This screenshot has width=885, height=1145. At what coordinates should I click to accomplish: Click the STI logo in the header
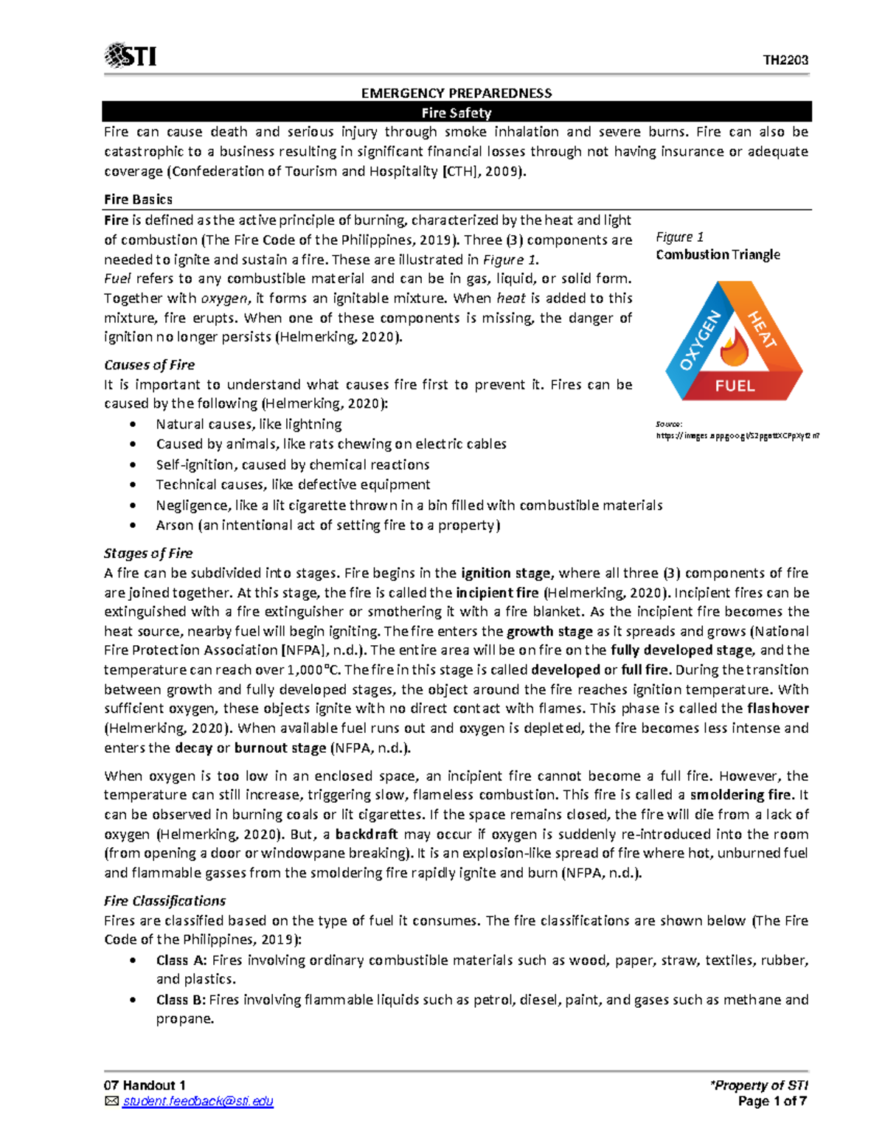coord(131,56)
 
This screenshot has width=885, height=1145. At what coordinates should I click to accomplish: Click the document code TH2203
coord(785,60)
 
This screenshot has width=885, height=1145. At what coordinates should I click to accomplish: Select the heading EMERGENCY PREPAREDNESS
coord(456,93)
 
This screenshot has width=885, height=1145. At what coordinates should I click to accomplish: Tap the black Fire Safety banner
coord(456,113)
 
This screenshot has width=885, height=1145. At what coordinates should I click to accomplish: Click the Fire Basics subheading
coord(138,199)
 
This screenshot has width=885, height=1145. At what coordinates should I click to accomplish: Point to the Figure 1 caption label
coord(679,237)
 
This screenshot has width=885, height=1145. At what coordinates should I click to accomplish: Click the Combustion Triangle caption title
coord(718,254)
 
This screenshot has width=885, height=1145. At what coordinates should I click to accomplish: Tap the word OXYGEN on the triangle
coord(698,341)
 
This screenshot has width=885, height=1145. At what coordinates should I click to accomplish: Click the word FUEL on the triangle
coord(735,386)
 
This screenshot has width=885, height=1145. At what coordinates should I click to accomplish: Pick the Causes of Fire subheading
coord(149,365)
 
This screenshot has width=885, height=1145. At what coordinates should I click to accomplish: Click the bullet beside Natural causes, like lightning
coord(133,425)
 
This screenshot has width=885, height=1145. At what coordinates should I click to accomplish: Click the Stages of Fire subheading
coord(148,553)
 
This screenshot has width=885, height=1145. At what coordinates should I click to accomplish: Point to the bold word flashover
coord(777,709)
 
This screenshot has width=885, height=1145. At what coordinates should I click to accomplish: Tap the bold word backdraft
coord(366,834)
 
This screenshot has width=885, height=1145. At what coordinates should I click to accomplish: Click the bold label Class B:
coord(181,1000)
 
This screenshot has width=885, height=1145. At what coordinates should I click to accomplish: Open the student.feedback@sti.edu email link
coord(198,1102)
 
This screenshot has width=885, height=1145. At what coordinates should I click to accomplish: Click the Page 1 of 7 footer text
coord(772,1102)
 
